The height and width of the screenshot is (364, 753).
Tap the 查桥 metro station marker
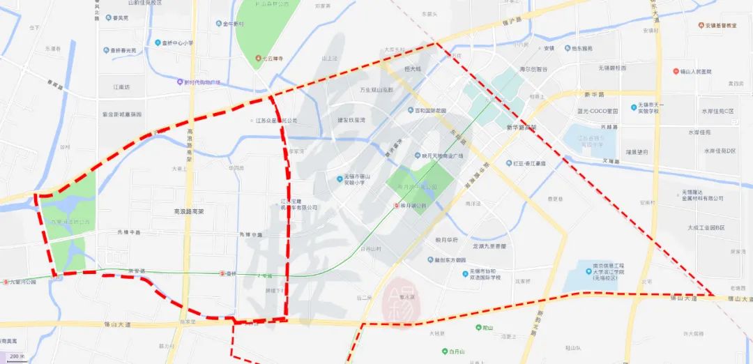pos(222,273)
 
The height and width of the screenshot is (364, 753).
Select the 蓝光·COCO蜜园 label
pos(598,111)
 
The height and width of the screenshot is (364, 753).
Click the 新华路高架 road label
pos(522,128)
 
